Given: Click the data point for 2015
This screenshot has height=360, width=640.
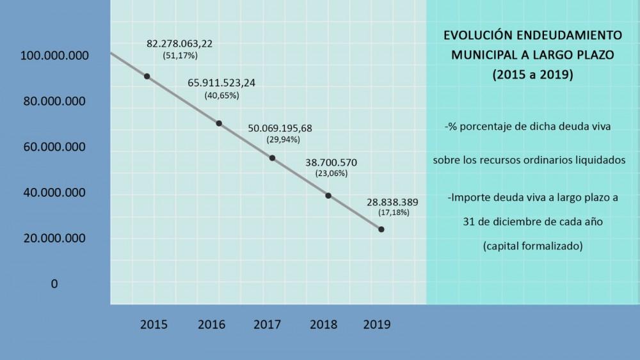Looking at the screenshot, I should click(147, 76).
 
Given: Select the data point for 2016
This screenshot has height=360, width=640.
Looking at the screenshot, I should click(219, 123).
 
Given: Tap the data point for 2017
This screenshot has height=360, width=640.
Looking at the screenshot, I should click(272, 158).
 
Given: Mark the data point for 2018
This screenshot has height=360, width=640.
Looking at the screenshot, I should click(328, 196).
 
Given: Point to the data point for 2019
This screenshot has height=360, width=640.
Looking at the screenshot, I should click(381, 229).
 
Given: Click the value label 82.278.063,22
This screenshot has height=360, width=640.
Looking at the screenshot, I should click(180, 43).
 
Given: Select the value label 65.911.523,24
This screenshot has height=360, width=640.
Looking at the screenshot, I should click(221, 83).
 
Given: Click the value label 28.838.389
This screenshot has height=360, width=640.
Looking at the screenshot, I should click(394, 201).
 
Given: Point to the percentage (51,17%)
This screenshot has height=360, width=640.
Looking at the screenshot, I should click(180, 56).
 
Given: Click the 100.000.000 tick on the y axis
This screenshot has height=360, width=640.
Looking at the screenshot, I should click(54, 56).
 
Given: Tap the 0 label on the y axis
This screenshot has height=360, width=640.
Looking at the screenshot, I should click(54, 283).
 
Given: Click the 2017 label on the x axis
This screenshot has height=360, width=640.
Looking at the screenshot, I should click(267, 324).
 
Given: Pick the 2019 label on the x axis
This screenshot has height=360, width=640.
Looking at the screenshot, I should click(377, 324).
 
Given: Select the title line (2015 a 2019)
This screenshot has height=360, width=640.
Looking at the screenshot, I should click(532, 74).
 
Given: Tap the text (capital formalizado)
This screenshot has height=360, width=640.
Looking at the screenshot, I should click(532, 245).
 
